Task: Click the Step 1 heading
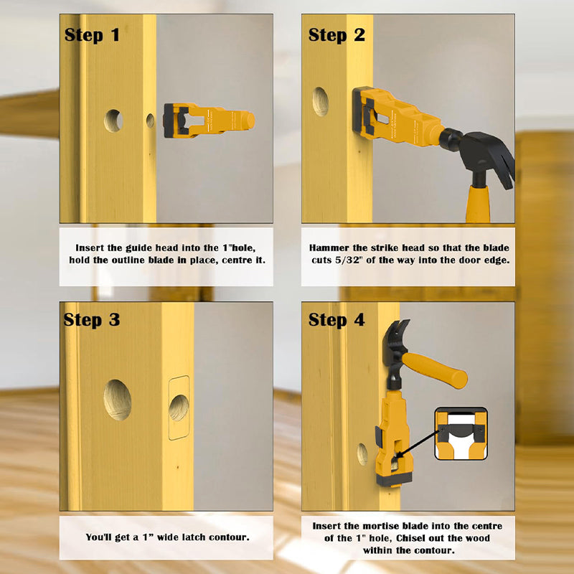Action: click(92, 35)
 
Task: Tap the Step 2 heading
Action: click(337, 35)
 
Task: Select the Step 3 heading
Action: click(92, 320)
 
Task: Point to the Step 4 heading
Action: click(337, 320)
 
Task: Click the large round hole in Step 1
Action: click(113, 121)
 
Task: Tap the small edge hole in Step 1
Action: click(150, 121)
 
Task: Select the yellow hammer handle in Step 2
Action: click(478, 204)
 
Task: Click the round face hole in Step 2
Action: click(320, 101)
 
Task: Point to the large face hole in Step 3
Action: click(117, 400)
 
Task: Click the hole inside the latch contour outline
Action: click(179, 408)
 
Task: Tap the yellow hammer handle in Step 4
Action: click(435, 370)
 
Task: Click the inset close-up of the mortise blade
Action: click(461, 433)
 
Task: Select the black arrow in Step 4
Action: click(418, 444)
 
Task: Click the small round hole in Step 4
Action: click(362, 454)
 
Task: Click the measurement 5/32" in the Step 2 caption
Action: click(347, 260)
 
